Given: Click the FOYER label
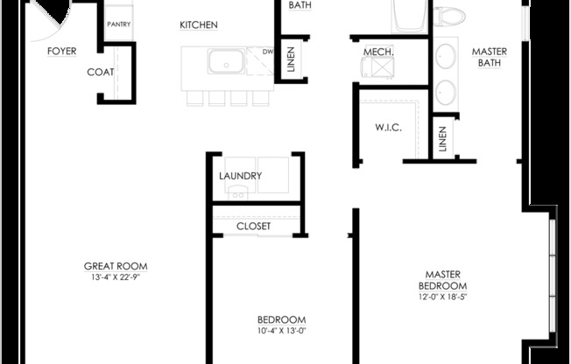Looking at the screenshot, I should pos(62,51).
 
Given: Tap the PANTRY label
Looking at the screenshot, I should pos(119,24).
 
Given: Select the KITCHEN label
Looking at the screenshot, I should pos(199,24).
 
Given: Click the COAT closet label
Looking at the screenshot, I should pos(101,73).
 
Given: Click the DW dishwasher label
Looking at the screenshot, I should pos(267,52).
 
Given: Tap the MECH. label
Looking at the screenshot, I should pos(378,52).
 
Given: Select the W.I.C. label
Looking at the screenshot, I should pos(388,128).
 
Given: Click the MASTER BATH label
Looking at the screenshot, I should pos(490,57).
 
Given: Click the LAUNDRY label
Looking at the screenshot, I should pos(240,176).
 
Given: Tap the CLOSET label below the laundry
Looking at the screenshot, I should pos(253,226).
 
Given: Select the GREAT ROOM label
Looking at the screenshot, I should pos(116,266).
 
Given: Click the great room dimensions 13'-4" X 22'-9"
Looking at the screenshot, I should pos(116,277).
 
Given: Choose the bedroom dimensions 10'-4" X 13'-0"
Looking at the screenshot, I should pos(281,331).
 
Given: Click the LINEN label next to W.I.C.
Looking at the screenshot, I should pos(442,138).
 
